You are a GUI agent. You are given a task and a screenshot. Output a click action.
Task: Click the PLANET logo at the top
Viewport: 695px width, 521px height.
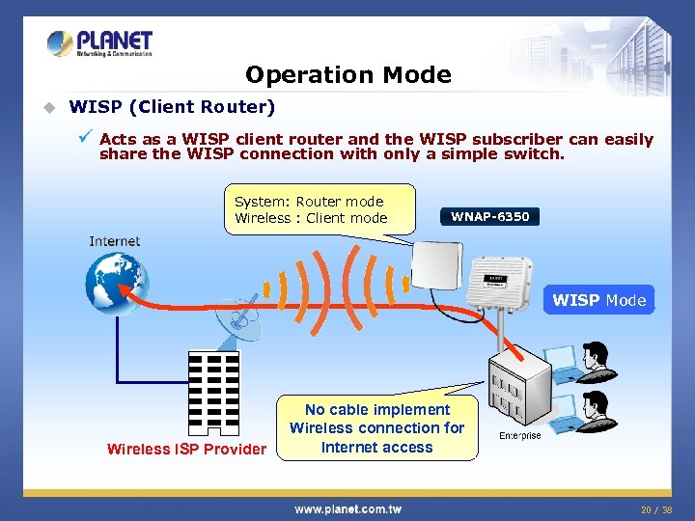pyautogui.click(x=100, y=43)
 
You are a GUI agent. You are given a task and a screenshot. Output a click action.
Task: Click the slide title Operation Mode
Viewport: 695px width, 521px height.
pyautogui.click(x=347, y=75)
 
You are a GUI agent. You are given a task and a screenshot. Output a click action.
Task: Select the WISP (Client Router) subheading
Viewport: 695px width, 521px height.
pyautogui.click(x=173, y=106)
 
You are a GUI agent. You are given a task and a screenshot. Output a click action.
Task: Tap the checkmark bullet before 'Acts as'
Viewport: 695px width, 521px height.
pyautogui.click(x=86, y=138)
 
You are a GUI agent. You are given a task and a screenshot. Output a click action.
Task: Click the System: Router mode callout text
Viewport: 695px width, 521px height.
pyautogui.click(x=311, y=209)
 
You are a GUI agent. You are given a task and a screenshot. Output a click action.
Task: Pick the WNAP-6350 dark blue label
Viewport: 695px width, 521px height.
pyautogui.click(x=489, y=216)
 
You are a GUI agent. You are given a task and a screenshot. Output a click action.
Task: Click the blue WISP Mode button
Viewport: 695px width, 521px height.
pyautogui.click(x=598, y=300)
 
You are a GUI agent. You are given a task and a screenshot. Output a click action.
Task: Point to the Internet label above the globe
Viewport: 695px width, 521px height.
pyautogui.click(x=115, y=241)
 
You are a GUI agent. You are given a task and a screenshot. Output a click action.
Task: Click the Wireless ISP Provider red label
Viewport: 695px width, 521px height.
pyautogui.click(x=186, y=449)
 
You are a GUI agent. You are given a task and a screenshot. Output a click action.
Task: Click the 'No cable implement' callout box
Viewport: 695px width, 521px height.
pyautogui.click(x=376, y=427)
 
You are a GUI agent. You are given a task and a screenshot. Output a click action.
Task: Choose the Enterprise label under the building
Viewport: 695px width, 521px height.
pyautogui.click(x=520, y=436)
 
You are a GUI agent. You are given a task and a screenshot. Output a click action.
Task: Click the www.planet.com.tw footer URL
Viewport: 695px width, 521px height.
pyautogui.click(x=347, y=508)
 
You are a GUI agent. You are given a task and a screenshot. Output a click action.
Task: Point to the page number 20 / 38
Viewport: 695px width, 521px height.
pyautogui.click(x=655, y=508)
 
